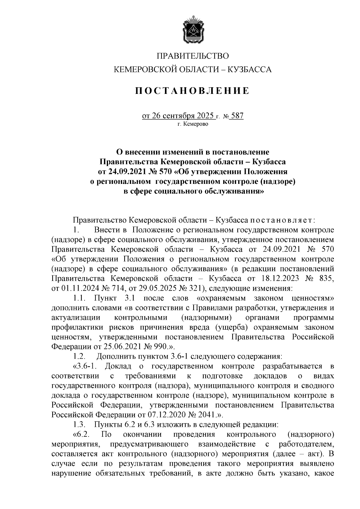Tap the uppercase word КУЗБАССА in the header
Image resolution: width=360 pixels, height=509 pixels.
(x=250, y=70)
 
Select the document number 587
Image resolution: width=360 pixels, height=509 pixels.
(x=237, y=115)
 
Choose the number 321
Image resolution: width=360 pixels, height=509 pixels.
(x=195, y=288)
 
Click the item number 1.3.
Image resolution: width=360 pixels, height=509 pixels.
(x=80, y=424)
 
